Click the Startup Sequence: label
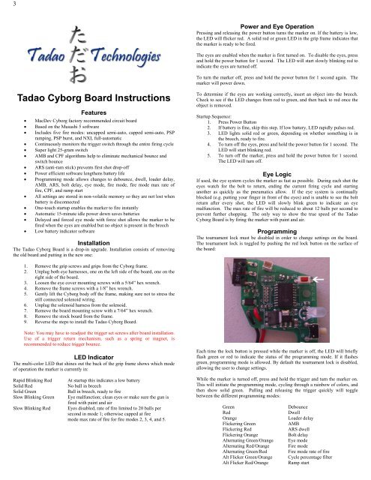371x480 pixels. pos(217,117)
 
